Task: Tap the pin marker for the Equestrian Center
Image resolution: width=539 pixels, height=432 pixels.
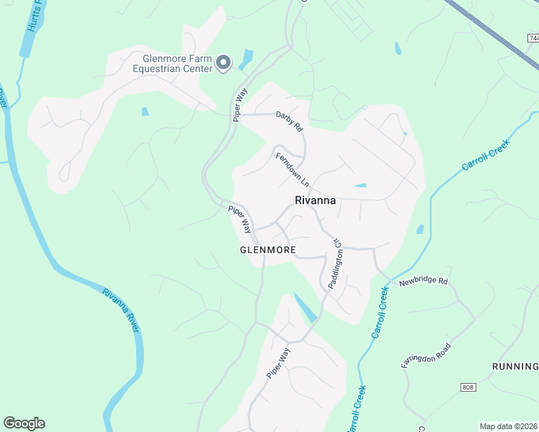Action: click(x=223, y=63)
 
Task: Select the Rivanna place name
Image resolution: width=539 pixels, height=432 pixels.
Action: click(x=315, y=201)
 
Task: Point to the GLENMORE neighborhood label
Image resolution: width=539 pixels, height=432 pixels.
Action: click(x=267, y=250)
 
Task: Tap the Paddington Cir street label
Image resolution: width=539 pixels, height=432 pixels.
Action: click(x=335, y=264)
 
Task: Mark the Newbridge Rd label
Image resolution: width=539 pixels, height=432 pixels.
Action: click(x=424, y=280)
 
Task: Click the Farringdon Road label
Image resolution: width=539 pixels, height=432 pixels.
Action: click(x=427, y=356)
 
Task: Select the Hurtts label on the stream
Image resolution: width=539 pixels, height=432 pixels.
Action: click(x=31, y=18)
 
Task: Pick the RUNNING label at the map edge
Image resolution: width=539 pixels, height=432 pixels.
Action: click(x=514, y=366)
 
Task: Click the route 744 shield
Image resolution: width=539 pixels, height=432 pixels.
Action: click(x=532, y=38)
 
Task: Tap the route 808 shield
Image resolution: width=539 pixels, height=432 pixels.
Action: click(x=467, y=387)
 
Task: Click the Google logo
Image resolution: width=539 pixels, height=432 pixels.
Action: click(x=24, y=423)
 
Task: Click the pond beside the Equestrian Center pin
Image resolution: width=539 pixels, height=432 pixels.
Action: click(x=247, y=58)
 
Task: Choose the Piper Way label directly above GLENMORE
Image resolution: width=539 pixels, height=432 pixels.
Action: click(x=241, y=219)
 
